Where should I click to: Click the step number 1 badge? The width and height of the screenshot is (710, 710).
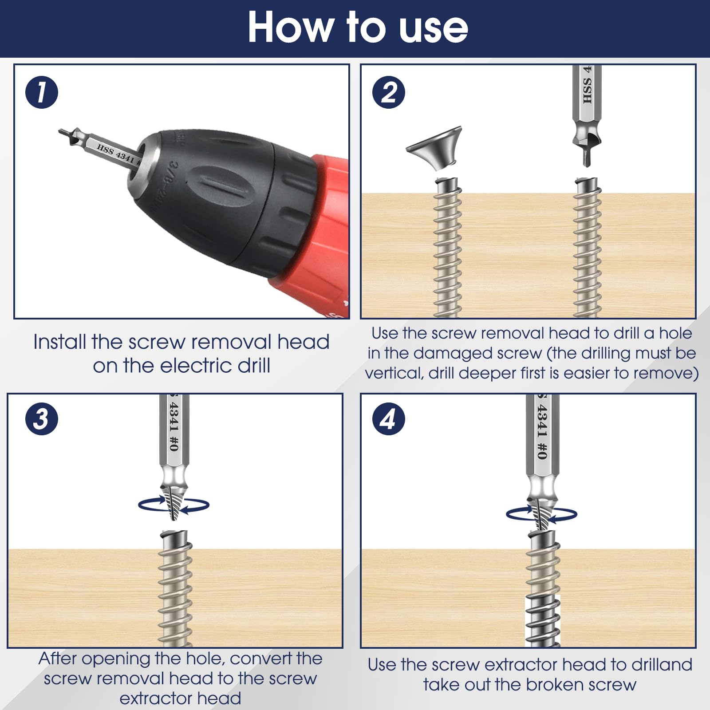coord(42,92)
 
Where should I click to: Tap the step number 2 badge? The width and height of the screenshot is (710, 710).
coord(389,92)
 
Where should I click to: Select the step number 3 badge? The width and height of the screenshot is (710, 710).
coord(42,418)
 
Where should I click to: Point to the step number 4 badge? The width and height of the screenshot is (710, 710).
coord(389,418)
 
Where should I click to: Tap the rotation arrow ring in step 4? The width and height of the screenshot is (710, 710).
coord(541,515)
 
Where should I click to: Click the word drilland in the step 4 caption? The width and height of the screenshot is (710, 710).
coord(662,665)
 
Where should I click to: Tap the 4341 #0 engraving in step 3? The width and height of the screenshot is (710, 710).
coord(174,426)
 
